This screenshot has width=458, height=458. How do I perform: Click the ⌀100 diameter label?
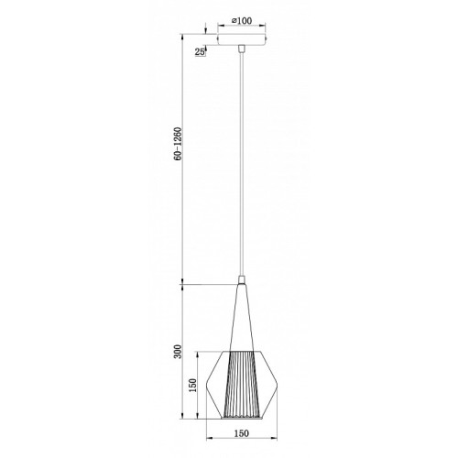click(x=242, y=21)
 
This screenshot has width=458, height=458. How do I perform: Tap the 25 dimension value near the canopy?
click(x=200, y=52)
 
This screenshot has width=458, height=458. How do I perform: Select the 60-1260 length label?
click(x=178, y=144)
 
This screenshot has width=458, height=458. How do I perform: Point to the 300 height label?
click(x=178, y=352)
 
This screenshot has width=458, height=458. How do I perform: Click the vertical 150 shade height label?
click(x=192, y=386)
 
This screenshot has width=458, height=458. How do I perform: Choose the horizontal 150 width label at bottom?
click(x=242, y=433)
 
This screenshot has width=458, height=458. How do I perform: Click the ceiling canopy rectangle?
click(x=242, y=39)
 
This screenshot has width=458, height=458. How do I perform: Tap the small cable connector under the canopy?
click(x=242, y=49)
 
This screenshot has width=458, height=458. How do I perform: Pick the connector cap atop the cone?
click(x=242, y=279)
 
